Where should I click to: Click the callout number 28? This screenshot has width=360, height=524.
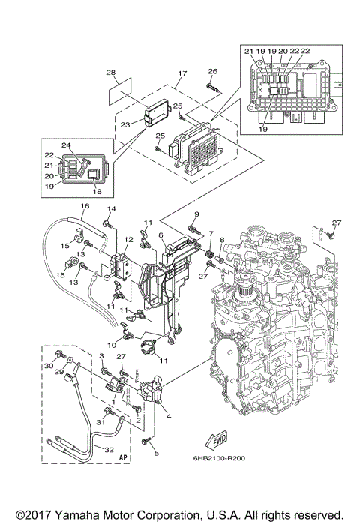click(x=110, y=73)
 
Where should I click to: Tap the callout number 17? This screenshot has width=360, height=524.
click(x=181, y=73)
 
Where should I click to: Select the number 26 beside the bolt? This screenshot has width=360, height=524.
click(x=211, y=71)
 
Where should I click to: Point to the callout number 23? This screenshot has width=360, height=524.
click(x=125, y=124)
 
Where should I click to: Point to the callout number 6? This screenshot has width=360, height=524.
click(x=160, y=235)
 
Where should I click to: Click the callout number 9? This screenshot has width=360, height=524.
click(x=196, y=215)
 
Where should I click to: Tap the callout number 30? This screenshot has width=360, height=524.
click(x=48, y=365)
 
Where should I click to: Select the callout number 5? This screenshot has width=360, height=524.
click(x=157, y=453)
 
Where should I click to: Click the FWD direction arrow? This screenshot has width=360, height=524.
click(x=217, y=438)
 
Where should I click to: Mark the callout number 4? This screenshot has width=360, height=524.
click(x=168, y=415)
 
